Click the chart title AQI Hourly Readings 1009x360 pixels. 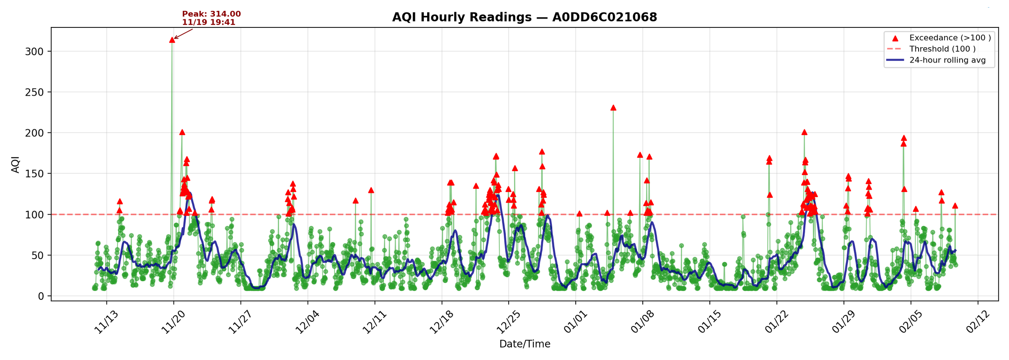click(x=524, y=17)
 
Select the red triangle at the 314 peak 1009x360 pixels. click(x=172, y=40)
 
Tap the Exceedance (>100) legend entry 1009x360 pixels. click(x=949, y=38)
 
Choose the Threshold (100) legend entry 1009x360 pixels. click(x=942, y=49)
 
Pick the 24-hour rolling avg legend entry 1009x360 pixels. click(x=947, y=60)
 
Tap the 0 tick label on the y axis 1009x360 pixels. click(x=41, y=296)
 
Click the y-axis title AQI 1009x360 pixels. click(x=15, y=165)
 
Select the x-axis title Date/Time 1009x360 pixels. click(x=524, y=344)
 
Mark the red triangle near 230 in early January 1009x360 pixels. click(x=613, y=108)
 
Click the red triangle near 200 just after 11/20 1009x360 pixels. click(x=182, y=132)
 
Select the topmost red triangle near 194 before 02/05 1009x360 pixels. click(x=904, y=138)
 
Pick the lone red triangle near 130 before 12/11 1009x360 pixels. click(x=371, y=190)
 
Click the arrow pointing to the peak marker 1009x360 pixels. click(x=183, y=34)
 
